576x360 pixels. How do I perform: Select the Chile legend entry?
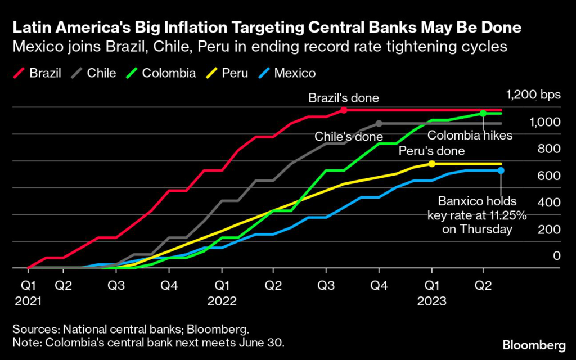point(94,73)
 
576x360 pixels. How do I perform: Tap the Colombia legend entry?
point(161,73)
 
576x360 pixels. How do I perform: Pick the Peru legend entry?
point(227,73)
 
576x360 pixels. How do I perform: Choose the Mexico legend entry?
point(287,73)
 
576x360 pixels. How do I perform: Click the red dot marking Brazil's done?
point(344,110)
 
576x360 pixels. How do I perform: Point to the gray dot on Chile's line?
point(379,123)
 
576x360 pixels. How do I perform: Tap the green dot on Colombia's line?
point(483,113)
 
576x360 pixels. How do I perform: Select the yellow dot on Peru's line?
point(431,164)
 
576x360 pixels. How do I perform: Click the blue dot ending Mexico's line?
point(501,170)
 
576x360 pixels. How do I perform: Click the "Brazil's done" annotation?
point(344,98)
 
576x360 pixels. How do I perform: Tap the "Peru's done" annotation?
point(431,151)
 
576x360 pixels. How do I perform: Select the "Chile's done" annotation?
point(349,136)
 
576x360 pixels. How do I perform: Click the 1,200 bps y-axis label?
point(533,94)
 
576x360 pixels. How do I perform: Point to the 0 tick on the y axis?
point(556,256)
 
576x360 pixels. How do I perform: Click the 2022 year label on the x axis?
point(222,301)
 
